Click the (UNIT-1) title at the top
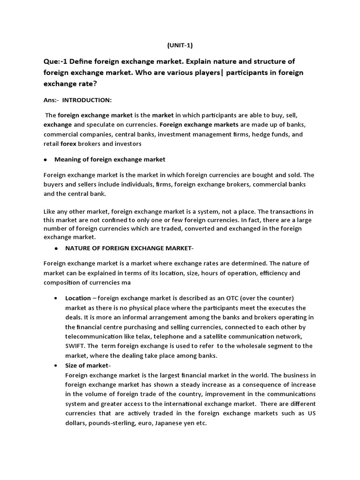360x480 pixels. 180,45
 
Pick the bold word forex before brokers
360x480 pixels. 68,143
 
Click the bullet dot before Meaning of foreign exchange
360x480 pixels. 45,160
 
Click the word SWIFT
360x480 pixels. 75,346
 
